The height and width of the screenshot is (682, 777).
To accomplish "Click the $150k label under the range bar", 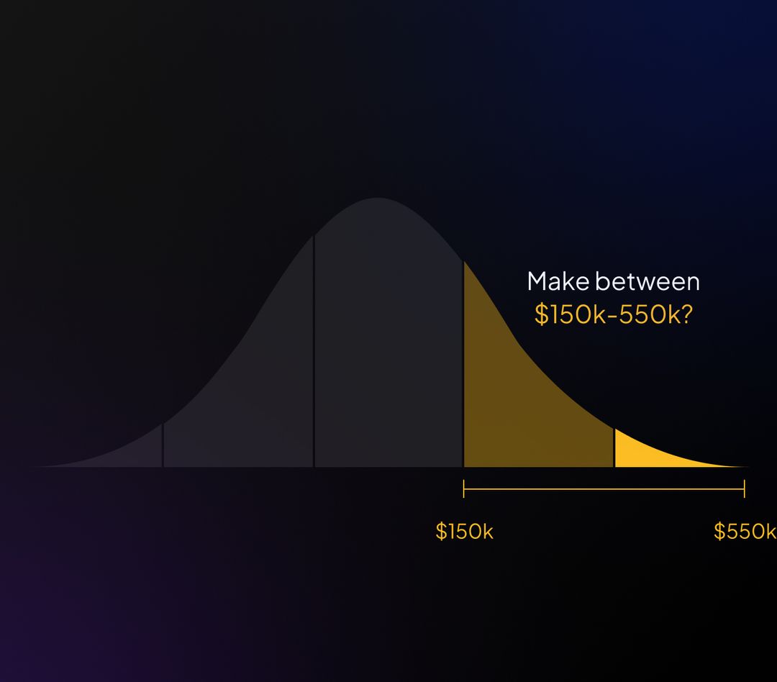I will [464, 532].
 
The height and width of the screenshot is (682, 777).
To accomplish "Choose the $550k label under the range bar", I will [745, 532].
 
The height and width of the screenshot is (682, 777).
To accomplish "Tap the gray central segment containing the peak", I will [388, 345].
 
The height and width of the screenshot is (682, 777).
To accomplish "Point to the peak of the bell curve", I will [377, 199].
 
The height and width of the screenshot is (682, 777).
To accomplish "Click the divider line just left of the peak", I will [314, 353].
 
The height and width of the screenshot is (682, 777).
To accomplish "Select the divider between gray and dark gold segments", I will [463, 367].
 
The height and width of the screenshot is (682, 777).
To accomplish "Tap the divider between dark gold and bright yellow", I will [614, 447].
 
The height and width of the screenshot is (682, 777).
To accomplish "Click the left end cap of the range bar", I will [464, 489].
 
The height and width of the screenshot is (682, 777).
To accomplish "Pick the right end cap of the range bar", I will [745, 489].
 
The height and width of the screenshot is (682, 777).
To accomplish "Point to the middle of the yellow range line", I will [604, 489].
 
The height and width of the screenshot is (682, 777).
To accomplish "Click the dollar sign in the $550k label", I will [719, 532].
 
